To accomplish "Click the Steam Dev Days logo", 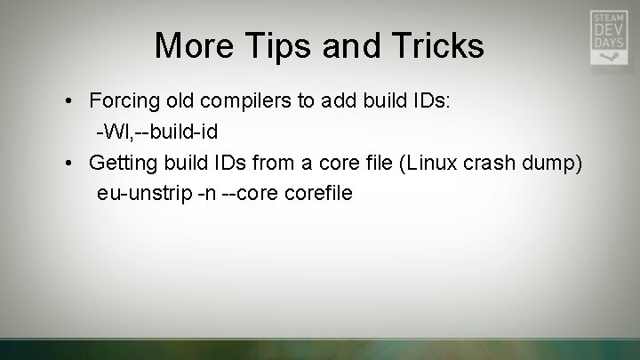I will click(609, 37).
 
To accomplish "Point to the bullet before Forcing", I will click(68, 101).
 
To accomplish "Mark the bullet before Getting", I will click(68, 163).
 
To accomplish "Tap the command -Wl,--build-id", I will click(157, 132).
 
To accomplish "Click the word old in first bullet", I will click(181, 100).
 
